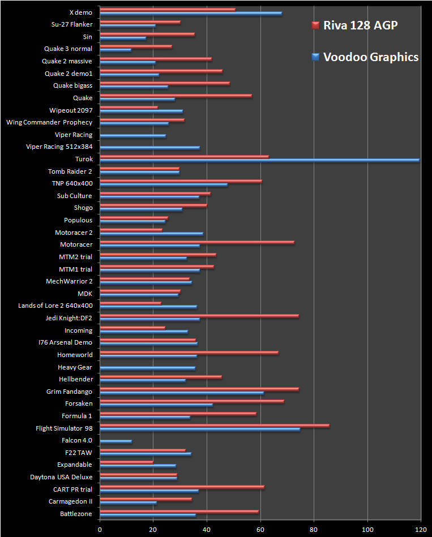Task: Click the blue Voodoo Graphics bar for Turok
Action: [260, 160]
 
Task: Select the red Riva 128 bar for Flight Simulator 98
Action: [215, 425]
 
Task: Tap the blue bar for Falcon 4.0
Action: [116, 441]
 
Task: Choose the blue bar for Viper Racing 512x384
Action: [150, 148]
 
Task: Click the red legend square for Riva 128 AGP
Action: [315, 25]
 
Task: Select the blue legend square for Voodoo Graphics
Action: [315, 57]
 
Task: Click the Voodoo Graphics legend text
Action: [371, 57]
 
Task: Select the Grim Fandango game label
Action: [69, 392]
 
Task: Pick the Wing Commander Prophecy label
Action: [49, 122]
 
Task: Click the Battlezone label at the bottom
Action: [76, 514]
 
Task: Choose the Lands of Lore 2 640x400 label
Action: [55, 306]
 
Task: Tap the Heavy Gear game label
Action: [75, 367]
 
